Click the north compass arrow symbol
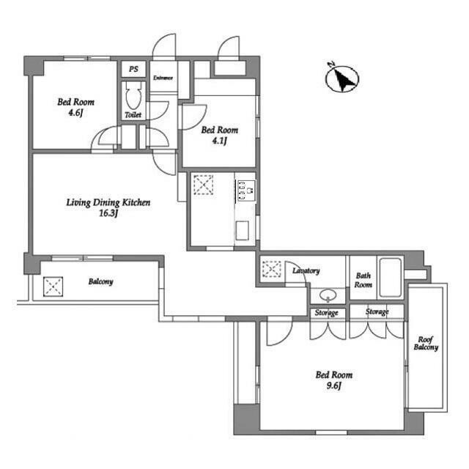[342, 78]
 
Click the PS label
[133, 69]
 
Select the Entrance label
[163, 78]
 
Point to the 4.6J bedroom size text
[75, 113]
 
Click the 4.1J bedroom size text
[220, 141]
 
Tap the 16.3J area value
[108, 213]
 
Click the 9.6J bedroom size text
[334, 386]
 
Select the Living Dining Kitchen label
[108, 202]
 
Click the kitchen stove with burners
[246, 191]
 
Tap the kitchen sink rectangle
[242, 231]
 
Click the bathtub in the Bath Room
[391, 278]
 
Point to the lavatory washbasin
[328, 296]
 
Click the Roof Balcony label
[426, 344]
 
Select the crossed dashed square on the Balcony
[53, 287]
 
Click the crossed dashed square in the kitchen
[204, 185]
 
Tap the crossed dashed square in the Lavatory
[272, 269]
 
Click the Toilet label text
[133, 114]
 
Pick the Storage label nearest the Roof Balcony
[377, 311]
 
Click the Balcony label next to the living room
[101, 281]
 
